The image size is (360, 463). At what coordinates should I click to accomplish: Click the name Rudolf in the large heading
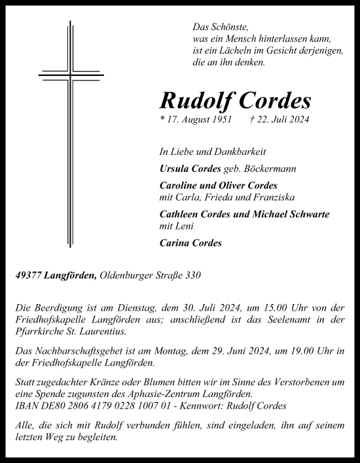(194, 100)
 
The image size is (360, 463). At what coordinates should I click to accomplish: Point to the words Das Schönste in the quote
(212, 27)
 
